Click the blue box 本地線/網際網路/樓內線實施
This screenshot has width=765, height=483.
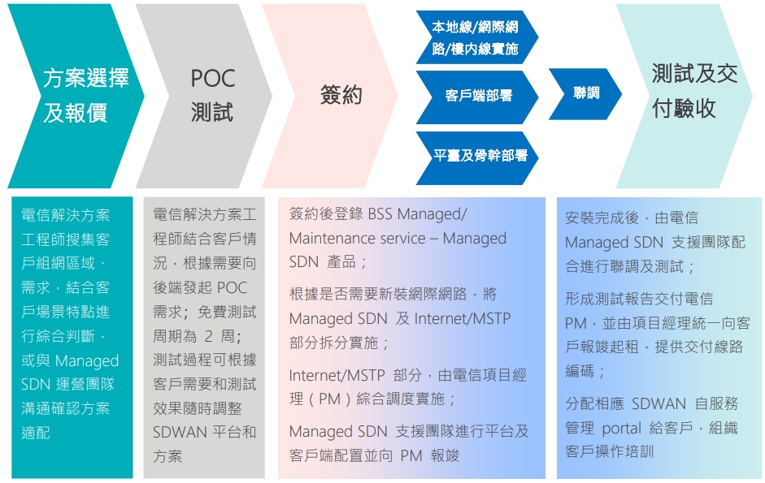coord(475,38)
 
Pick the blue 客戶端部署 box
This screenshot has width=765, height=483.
coord(478,96)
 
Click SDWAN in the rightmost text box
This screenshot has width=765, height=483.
coord(659,403)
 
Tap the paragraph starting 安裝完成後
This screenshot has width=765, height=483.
coord(654,242)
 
